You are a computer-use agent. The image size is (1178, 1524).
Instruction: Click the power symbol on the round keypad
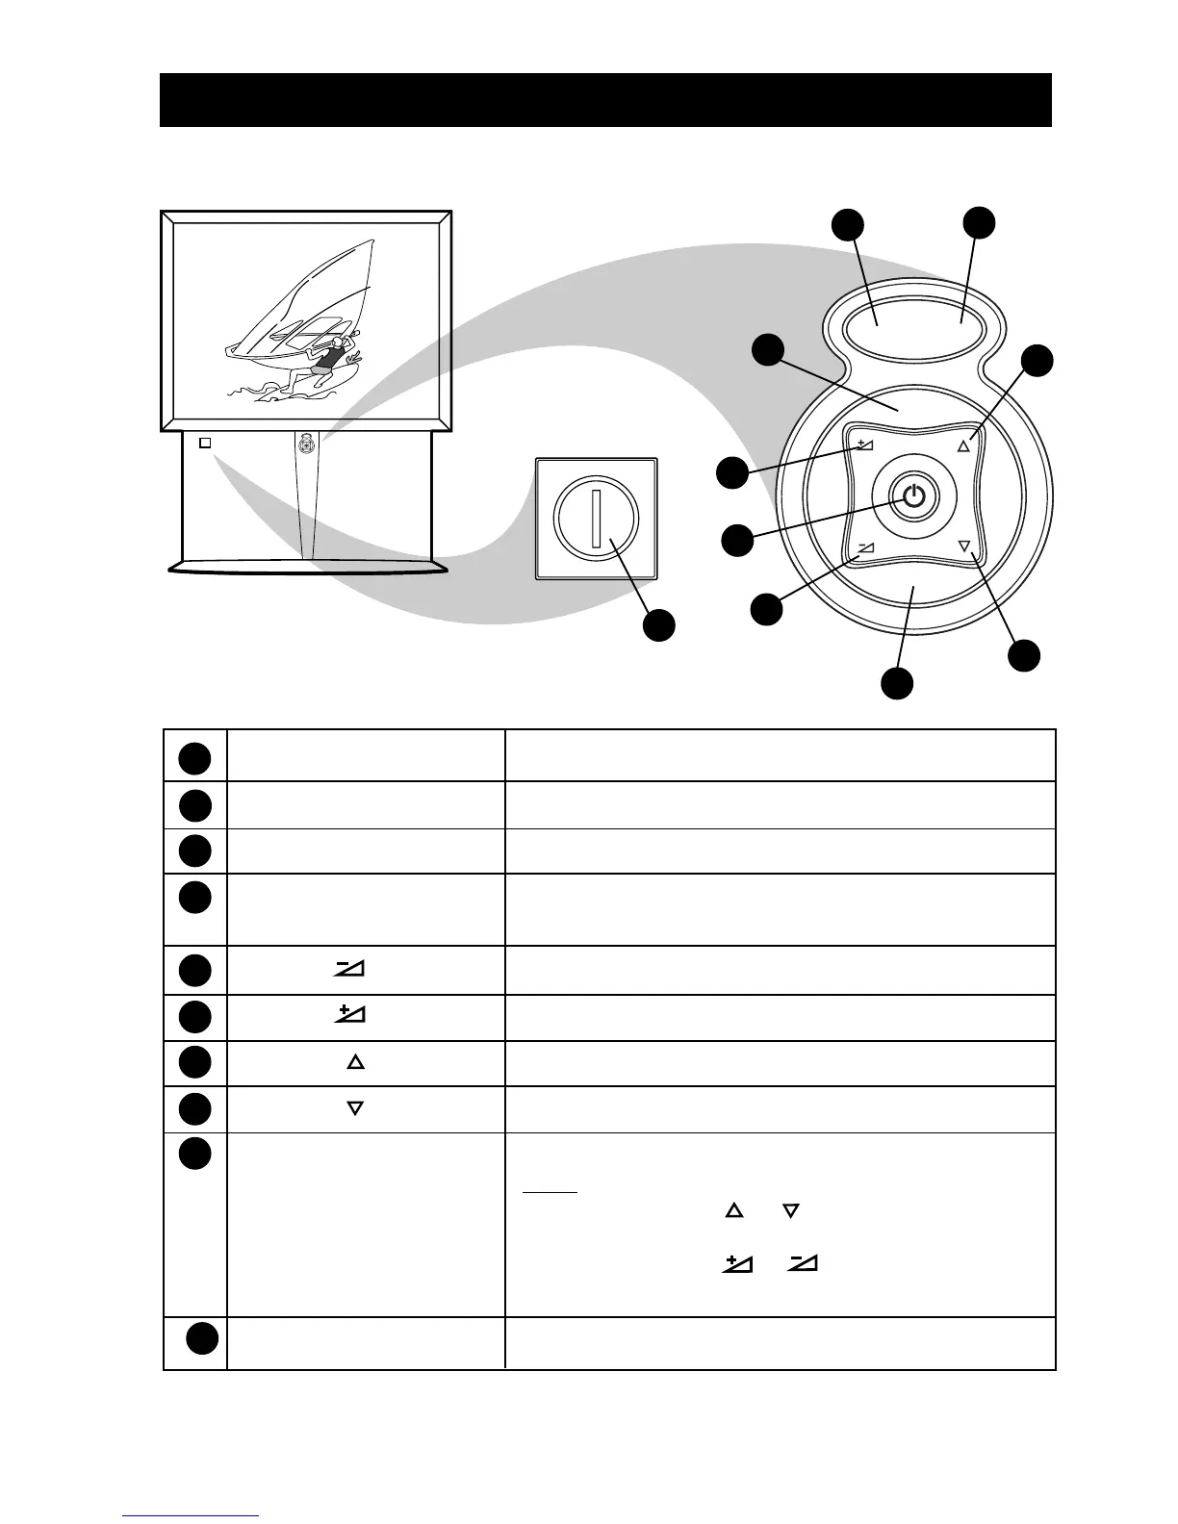[x=914, y=496]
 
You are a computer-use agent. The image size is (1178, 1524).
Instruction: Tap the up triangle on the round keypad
[x=964, y=446]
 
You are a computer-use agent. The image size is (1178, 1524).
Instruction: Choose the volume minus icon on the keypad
[x=865, y=547]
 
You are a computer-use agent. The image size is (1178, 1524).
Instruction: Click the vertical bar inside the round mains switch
[x=596, y=518]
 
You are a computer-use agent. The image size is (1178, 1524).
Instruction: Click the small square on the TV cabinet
[x=204, y=444]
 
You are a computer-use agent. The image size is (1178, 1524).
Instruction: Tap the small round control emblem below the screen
[x=306, y=444]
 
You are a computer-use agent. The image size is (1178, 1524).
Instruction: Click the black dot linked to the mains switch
[x=659, y=625]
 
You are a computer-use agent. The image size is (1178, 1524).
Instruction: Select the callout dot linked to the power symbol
[x=737, y=540]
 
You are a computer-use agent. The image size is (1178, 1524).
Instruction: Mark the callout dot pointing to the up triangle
[x=1037, y=361]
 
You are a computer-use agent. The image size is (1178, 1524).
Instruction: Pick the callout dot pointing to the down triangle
[x=1024, y=656]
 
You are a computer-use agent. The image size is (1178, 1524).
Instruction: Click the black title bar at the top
[x=604, y=100]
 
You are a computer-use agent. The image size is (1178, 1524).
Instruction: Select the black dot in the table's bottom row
[x=201, y=1339]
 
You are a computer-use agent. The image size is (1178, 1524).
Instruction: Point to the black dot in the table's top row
[x=193, y=758]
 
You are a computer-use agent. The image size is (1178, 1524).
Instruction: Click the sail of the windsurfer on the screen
[x=298, y=298]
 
